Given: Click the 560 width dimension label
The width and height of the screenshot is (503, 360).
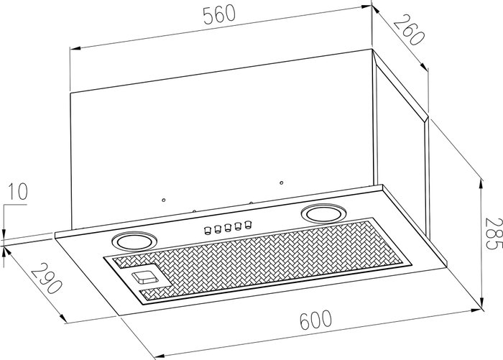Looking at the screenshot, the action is (219, 15).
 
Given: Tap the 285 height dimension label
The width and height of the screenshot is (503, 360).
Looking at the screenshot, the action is (493, 234).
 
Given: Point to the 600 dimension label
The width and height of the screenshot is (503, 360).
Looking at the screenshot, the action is (315, 319).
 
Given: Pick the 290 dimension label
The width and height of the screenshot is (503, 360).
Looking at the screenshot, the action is (46, 278).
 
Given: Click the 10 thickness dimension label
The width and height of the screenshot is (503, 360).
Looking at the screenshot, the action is (17, 192).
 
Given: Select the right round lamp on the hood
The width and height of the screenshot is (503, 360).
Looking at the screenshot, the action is (323, 213).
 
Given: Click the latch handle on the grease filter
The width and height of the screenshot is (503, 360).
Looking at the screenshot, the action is (144, 277).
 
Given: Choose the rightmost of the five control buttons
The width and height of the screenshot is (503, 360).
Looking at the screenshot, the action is (248, 224).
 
